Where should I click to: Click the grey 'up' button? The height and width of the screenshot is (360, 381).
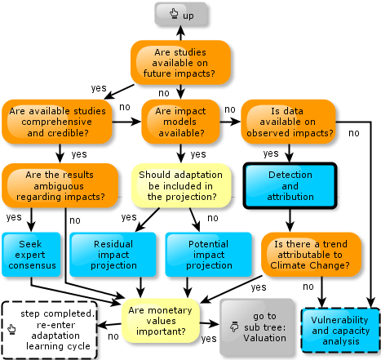pyautogui.click(x=181, y=14)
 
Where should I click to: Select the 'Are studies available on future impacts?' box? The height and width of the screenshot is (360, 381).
pyautogui.click(x=180, y=63)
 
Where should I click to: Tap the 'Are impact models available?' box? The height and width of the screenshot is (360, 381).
pyautogui.click(x=180, y=122)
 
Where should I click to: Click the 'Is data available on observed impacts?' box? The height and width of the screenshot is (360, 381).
pyautogui.click(x=288, y=122)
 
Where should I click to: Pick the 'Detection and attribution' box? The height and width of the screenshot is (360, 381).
pyautogui.click(x=290, y=185)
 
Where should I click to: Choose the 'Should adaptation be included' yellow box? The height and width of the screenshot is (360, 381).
pyautogui.click(x=181, y=185)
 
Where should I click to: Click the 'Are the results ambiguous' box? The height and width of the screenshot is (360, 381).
pyautogui.click(x=60, y=185)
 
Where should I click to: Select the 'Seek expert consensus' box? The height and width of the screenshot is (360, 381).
pyautogui.click(x=31, y=255)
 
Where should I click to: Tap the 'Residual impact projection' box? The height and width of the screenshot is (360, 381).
pyautogui.click(x=113, y=255)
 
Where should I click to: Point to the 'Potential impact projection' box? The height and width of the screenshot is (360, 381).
pyautogui.click(x=209, y=255)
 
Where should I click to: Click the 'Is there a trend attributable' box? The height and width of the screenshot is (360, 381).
pyautogui.click(x=311, y=255)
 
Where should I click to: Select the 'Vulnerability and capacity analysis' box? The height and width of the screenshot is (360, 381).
pyautogui.click(x=340, y=331)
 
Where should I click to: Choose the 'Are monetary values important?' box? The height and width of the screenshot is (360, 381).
pyautogui.click(x=161, y=321)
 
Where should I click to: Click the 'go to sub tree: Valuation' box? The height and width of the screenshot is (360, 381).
pyautogui.click(x=257, y=327)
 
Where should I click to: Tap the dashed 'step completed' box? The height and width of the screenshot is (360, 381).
pyautogui.click(x=50, y=330)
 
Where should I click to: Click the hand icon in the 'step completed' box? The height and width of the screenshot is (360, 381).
pyautogui.click(x=11, y=329)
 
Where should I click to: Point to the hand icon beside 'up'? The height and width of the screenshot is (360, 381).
pyautogui.click(x=174, y=13)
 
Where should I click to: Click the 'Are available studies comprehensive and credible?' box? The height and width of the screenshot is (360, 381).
pyautogui.click(x=57, y=122)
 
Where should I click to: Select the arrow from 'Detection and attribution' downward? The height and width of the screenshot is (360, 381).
pyautogui.click(x=290, y=220)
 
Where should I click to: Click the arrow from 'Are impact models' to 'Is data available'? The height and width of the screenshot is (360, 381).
pyautogui.click(x=230, y=122)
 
